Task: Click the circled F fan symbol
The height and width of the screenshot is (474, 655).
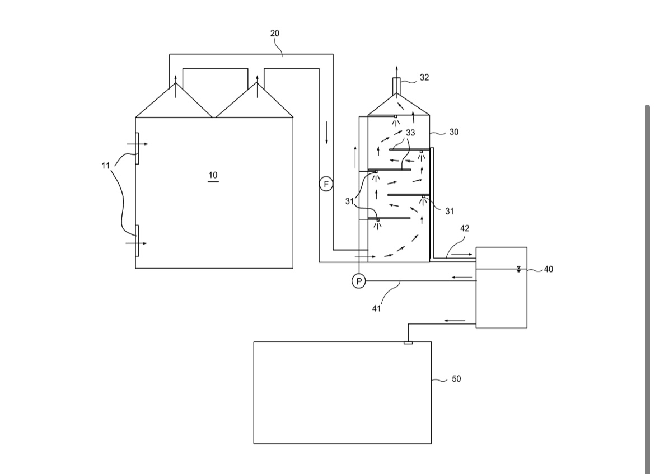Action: [326, 184]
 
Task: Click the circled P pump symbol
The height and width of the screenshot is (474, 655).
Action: [358, 281]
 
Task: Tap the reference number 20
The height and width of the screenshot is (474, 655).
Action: [275, 34]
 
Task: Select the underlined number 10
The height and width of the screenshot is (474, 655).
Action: [213, 175]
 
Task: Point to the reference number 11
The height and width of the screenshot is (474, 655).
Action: [106, 166]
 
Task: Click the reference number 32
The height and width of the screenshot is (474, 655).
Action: [424, 77]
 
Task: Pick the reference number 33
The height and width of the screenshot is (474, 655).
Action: [410, 133]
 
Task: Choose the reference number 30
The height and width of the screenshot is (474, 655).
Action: [453, 132]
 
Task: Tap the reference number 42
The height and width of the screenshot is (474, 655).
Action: [465, 228]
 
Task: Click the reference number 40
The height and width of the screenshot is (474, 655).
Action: [548, 269]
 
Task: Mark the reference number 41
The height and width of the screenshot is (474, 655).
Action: [376, 308]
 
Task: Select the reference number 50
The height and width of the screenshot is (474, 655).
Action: [456, 378]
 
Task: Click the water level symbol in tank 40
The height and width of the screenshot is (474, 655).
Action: [518, 269]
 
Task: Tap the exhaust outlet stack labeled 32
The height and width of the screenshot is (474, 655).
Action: [396, 86]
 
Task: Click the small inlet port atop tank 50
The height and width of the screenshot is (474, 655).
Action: [408, 343]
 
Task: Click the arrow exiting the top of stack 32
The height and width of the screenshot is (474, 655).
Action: [396, 72]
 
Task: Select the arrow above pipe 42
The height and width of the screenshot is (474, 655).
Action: [462, 254]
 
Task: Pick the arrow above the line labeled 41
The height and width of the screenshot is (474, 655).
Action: [462, 277]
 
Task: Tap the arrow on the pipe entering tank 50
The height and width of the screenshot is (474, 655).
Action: [455, 321]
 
